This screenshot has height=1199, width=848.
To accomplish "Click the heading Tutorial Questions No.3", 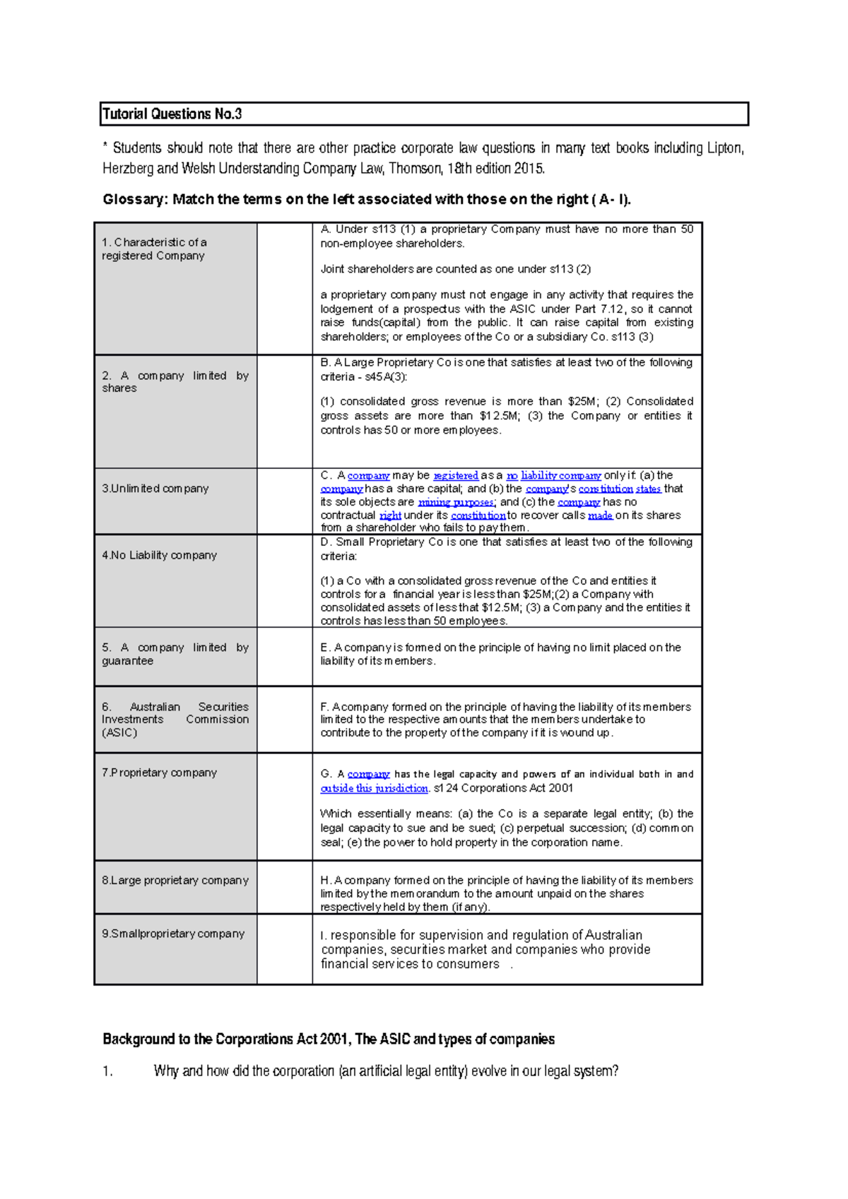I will click(172, 114).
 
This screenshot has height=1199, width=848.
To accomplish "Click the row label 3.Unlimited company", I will click(155, 489).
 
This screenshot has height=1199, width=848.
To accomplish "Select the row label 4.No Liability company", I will click(159, 556).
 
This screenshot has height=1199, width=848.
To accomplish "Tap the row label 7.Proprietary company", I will click(159, 773).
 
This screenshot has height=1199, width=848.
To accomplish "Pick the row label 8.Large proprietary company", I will click(175, 881).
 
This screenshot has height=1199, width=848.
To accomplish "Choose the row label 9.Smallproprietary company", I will click(172, 933).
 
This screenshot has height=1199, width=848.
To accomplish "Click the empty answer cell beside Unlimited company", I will click(284, 501).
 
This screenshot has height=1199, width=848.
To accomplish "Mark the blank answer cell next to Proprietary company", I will click(284, 806).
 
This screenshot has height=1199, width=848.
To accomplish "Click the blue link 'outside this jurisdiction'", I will click(374, 789).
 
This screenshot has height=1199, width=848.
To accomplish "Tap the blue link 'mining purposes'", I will click(456, 503).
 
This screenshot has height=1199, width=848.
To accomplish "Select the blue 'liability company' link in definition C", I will click(560, 476).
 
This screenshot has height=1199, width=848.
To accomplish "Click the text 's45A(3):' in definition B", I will click(386, 377).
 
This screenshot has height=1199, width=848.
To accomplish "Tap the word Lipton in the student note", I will click(724, 148).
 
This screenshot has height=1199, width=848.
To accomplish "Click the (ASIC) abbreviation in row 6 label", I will click(119, 733).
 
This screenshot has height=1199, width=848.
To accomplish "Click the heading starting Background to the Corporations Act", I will click(328, 1039).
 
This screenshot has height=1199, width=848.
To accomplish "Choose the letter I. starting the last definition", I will click(324, 936).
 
